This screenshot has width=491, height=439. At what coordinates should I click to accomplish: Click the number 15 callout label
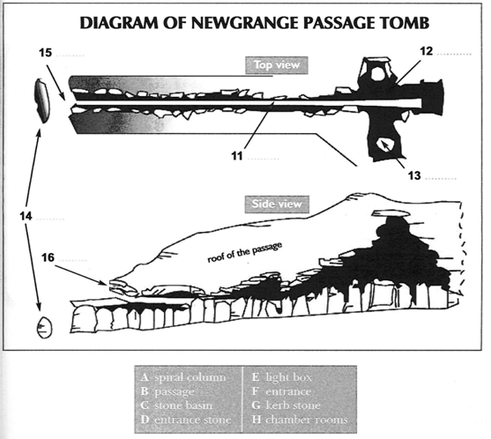(x=46, y=52)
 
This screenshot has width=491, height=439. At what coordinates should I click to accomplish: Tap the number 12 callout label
(x=426, y=51)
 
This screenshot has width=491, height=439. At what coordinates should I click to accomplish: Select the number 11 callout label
(x=237, y=156)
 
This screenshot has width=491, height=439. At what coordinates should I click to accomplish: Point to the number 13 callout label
(x=414, y=175)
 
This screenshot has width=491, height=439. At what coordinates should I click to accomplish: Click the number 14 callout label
(x=26, y=216)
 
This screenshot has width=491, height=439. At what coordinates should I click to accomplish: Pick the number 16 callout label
(x=48, y=257)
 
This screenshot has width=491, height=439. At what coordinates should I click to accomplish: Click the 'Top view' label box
(x=277, y=65)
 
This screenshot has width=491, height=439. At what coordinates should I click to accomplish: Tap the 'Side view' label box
(x=277, y=205)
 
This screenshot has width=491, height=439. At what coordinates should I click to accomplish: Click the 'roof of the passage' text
(x=245, y=252)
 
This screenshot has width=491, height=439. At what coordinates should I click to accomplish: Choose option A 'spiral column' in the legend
(x=184, y=377)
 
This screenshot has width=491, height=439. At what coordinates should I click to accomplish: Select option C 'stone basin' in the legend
(x=176, y=406)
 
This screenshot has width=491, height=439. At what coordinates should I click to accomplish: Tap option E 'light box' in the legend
(x=282, y=377)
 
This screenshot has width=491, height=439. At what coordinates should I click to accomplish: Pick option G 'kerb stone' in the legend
(x=286, y=406)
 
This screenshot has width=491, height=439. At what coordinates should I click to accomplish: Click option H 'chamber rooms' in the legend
(x=300, y=420)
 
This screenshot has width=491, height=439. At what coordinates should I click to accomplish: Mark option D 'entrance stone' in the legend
(x=186, y=420)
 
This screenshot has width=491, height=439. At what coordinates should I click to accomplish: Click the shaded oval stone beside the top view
(x=42, y=100)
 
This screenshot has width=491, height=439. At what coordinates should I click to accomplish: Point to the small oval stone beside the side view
(x=45, y=328)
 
